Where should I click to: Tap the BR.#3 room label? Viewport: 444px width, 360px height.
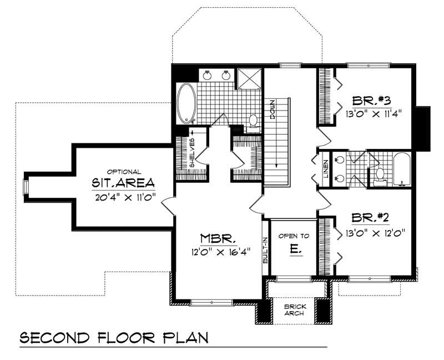pyautogui.click(x=373, y=101)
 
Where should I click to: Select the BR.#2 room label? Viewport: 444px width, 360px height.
pyautogui.click(x=373, y=218)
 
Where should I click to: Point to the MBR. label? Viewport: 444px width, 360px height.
pyautogui.click(x=213, y=238)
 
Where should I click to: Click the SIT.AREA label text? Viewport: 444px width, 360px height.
pyautogui.click(x=123, y=183)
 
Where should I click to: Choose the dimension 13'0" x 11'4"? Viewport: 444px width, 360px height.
pyautogui.click(x=373, y=113)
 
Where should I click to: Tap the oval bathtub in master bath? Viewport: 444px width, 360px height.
pyautogui.click(x=186, y=104)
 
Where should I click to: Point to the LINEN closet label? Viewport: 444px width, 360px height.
pyautogui.click(x=325, y=170)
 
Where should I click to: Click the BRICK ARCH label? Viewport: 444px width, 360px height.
pyautogui.click(x=292, y=309)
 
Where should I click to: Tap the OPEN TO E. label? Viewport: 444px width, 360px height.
pyautogui.click(x=294, y=243)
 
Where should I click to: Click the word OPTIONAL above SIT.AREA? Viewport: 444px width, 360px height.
pyautogui.click(x=123, y=172)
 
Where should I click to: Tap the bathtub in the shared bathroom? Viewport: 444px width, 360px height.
pyautogui.click(x=401, y=169)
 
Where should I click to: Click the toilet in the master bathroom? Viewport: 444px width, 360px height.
pyautogui.click(x=254, y=121)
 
